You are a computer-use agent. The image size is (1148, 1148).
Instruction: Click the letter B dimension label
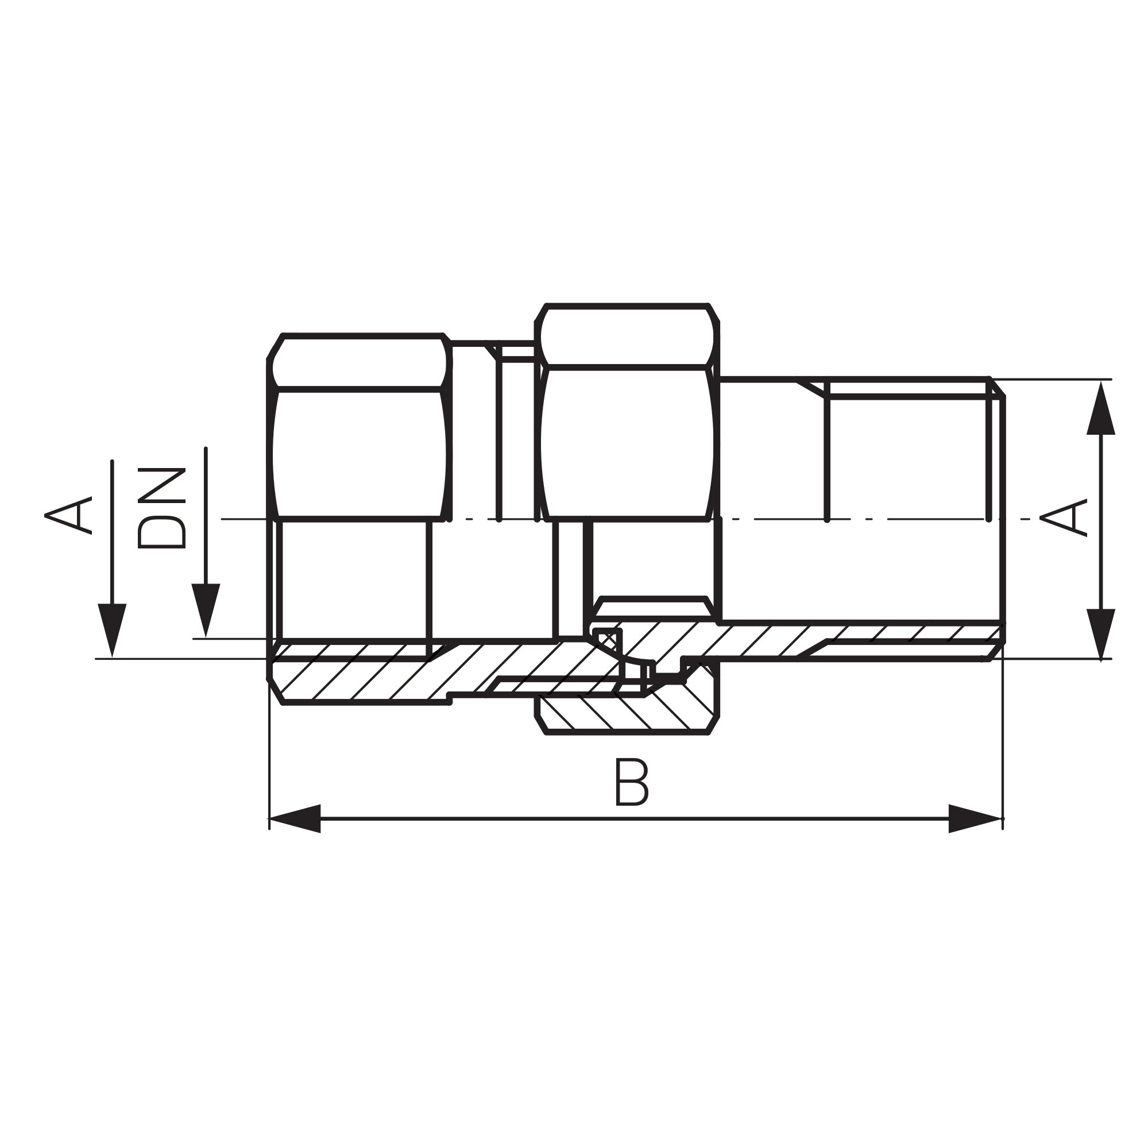point(631,782)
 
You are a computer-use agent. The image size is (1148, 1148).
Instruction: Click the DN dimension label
point(161,509)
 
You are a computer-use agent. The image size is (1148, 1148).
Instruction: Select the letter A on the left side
point(68,515)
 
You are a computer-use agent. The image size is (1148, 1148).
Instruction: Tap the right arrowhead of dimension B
point(975,819)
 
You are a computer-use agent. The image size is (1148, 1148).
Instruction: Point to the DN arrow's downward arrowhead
point(206,609)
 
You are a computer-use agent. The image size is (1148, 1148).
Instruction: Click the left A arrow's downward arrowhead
point(113,629)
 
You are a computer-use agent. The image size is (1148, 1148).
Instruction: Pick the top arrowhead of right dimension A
point(1100,410)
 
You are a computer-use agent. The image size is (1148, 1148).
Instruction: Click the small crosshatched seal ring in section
point(608,640)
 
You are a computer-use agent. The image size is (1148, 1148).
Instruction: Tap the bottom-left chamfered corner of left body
point(275,691)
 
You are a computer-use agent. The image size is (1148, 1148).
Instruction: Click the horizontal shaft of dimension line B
point(636,819)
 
